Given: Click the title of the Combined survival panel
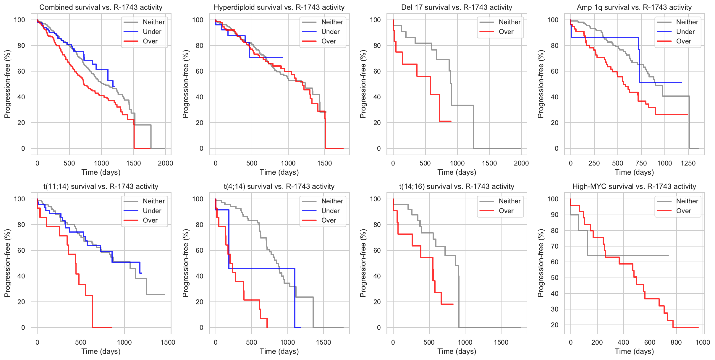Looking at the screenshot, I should pyautogui.click(x=101, y=7).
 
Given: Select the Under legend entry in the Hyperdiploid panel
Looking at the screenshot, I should pyautogui.click(x=330, y=32).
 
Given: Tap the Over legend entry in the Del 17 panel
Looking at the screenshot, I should pyautogui.click(x=506, y=32).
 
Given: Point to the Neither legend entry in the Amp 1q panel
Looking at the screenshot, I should pyautogui.click(x=687, y=22).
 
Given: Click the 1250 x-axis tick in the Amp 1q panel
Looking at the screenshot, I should pyautogui.click(x=688, y=163).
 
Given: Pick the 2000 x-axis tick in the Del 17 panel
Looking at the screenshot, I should pyautogui.click(x=521, y=163).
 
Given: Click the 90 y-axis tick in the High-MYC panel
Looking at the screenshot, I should pyautogui.click(x=555, y=215).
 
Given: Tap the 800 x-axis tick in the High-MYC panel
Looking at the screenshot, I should pyautogui.click(x=676, y=342).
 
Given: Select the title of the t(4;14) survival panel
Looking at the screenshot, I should pyautogui.click(x=279, y=187).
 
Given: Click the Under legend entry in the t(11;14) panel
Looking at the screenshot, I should pyautogui.click(x=152, y=211).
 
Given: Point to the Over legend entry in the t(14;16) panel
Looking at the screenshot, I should pyautogui.click(x=506, y=211).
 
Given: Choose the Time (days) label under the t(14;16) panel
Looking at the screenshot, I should pyautogui.click(x=457, y=351).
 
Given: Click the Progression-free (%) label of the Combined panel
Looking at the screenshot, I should pyautogui.click(x=7, y=84).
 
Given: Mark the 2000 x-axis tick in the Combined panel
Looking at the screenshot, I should pyautogui.click(x=165, y=163).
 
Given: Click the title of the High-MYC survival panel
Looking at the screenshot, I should pyautogui.click(x=634, y=187).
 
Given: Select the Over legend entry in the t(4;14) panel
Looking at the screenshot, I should pyautogui.click(x=329, y=220).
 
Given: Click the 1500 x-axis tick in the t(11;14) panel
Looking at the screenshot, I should pyautogui.click(x=168, y=342).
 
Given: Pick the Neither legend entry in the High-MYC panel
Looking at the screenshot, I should pyautogui.click(x=687, y=201).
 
